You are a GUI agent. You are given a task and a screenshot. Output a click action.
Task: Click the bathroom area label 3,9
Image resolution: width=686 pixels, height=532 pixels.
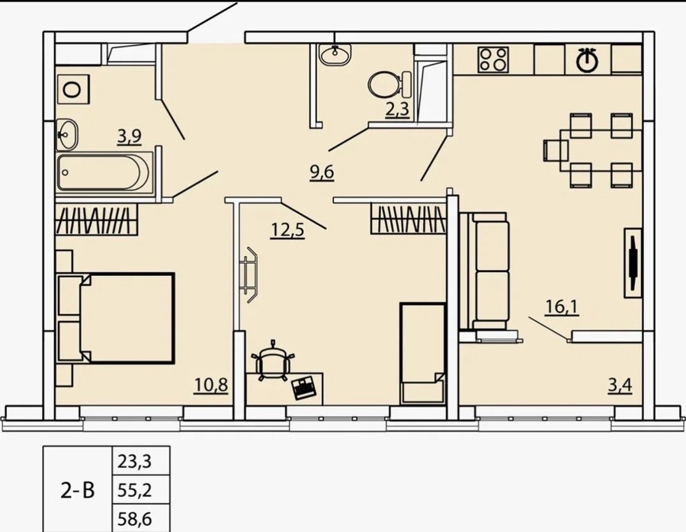(x=129, y=137)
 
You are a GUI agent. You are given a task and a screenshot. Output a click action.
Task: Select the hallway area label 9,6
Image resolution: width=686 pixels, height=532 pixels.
(x=322, y=172)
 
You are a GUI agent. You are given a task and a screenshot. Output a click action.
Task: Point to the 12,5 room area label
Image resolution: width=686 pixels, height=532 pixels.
(x=287, y=229)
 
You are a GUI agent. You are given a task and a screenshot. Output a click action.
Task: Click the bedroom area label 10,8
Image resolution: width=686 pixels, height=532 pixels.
(x=211, y=385)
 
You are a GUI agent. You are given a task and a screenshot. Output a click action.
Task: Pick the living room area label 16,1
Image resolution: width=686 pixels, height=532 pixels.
(x=563, y=306)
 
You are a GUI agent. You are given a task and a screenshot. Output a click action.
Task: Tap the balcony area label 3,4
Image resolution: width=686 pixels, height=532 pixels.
(x=620, y=386)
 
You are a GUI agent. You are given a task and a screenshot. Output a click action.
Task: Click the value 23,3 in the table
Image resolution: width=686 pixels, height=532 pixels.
(x=135, y=461)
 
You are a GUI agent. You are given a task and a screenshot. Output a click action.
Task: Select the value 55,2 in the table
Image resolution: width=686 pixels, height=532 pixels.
(x=135, y=490)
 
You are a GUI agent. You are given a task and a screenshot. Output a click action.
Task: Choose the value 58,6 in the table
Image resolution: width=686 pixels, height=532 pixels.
(x=135, y=519)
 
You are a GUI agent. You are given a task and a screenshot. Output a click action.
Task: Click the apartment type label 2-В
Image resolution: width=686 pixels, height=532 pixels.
(x=78, y=491)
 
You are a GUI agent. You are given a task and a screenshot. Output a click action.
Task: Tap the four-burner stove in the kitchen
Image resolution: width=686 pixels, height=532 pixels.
(x=493, y=59)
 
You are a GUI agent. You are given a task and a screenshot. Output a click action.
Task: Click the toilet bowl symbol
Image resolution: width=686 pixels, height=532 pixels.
(x=389, y=84)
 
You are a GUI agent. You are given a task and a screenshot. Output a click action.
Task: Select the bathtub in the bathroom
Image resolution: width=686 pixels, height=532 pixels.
(x=104, y=172)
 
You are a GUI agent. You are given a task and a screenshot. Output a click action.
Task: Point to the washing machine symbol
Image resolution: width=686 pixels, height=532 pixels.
(x=73, y=89)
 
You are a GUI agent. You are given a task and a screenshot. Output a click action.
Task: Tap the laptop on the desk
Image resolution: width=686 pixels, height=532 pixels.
(x=304, y=387)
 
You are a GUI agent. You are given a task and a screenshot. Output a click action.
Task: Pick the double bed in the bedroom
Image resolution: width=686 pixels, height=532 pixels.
(x=116, y=318)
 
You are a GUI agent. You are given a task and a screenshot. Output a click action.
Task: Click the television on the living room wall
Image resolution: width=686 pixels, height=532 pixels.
(x=633, y=263)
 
